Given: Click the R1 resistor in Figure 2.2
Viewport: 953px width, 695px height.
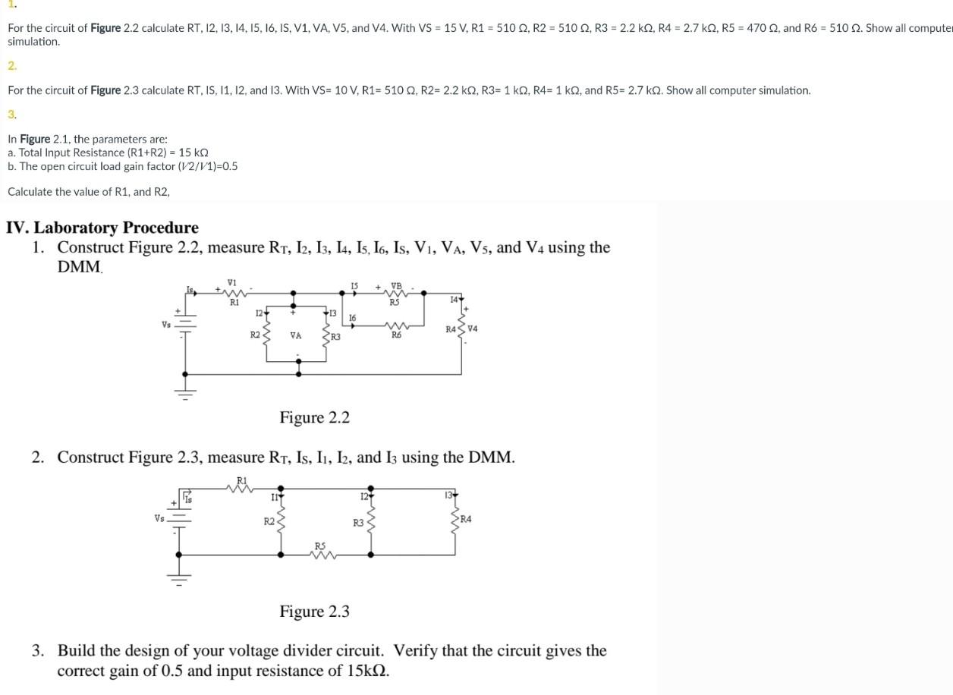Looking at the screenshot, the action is (x=234, y=292).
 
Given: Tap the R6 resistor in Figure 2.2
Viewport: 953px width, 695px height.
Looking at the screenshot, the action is (x=395, y=326).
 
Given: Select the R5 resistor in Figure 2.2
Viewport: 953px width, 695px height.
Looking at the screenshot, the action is (x=395, y=292).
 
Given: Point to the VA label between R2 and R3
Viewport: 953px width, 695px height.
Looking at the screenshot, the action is (x=296, y=335).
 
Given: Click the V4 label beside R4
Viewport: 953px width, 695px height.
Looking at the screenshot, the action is (x=473, y=329).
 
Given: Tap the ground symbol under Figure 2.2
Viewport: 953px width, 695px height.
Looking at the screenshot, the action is (x=186, y=392).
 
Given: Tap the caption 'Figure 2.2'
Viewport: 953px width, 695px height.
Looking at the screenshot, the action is (x=314, y=417).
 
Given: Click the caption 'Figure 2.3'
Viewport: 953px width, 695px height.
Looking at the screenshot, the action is (x=314, y=612).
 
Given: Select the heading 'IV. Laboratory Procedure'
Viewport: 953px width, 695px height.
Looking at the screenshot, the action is (x=102, y=228).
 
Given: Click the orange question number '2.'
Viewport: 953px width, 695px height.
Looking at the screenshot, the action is (x=12, y=66).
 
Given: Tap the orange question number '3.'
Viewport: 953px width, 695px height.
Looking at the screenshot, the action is (x=12, y=115).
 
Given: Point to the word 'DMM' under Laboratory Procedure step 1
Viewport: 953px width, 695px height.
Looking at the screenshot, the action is (x=79, y=267).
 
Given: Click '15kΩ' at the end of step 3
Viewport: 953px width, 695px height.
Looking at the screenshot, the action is (x=364, y=671).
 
